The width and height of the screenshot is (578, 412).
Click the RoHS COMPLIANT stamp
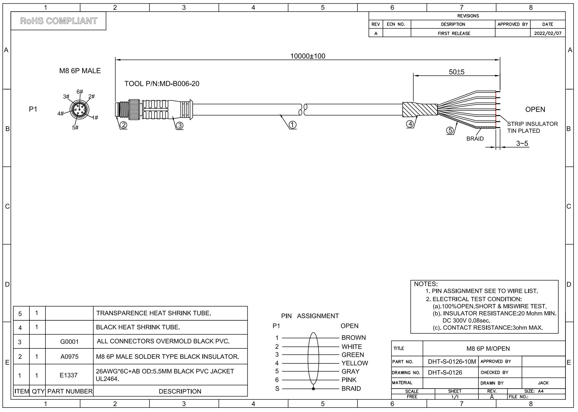coord(59,21)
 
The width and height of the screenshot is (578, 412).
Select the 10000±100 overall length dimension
coord(308,56)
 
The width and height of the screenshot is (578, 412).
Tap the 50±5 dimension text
coord(457,72)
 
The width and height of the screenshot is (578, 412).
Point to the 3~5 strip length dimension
coord(522,143)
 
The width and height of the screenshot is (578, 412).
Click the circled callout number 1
coord(293,125)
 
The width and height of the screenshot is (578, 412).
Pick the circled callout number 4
coord(410,124)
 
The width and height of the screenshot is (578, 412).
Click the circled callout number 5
coord(450,130)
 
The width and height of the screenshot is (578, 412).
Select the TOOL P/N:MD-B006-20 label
coord(162,84)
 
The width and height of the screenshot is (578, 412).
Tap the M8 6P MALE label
coord(80,71)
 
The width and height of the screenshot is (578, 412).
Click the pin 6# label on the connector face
coord(80,92)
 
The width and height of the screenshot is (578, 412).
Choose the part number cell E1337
coord(69,375)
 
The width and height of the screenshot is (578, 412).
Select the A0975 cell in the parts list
coord(69,357)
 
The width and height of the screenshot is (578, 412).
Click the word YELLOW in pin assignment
coord(355,363)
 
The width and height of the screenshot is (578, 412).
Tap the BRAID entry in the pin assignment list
coord(351,389)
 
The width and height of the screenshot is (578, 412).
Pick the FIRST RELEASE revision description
coord(454,33)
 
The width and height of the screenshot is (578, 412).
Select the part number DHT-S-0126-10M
coord(452,362)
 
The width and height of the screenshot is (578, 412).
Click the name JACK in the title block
coord(543,383)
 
